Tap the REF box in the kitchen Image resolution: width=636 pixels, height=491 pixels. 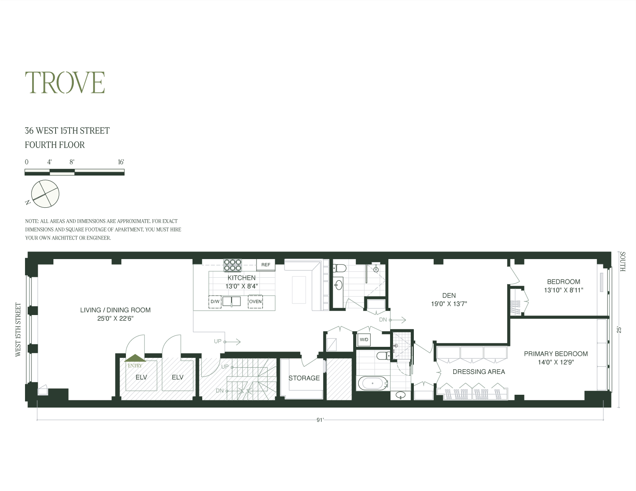click(x=266, y=265)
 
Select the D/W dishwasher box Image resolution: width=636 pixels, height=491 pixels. click(x=215, y=301)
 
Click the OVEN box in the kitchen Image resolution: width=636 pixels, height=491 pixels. click(x=255, y=301)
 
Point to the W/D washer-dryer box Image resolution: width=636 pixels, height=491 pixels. click(x=364, y=340)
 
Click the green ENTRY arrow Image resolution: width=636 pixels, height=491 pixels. click(x=135, y=359)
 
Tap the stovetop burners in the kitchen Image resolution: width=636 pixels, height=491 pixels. click(x=232, y=265)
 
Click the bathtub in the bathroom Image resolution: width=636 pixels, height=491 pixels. click(x=373, y=383)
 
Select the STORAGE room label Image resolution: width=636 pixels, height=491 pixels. click(x=304, y=378)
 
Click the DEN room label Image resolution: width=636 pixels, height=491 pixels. click(x=449, y=296)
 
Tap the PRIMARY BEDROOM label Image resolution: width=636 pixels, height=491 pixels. click(x=555, y=354)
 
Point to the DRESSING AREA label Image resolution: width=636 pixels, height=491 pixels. click(x=479, y=372)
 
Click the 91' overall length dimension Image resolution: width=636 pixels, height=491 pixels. click(x=320, y=420)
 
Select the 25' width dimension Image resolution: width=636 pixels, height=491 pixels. click(x=619, y=329)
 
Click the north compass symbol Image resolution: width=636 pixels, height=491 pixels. click(x=45, y=194)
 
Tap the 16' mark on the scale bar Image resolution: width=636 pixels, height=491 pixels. click(x=121, y=162)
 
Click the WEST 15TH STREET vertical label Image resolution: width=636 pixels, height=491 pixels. click(x=18, y=329)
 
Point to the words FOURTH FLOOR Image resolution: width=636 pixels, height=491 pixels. click(x=55, y=145)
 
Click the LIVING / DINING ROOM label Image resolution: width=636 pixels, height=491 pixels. click(x=115, y=310)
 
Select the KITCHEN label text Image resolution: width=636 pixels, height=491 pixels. click(x=242, y=278)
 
